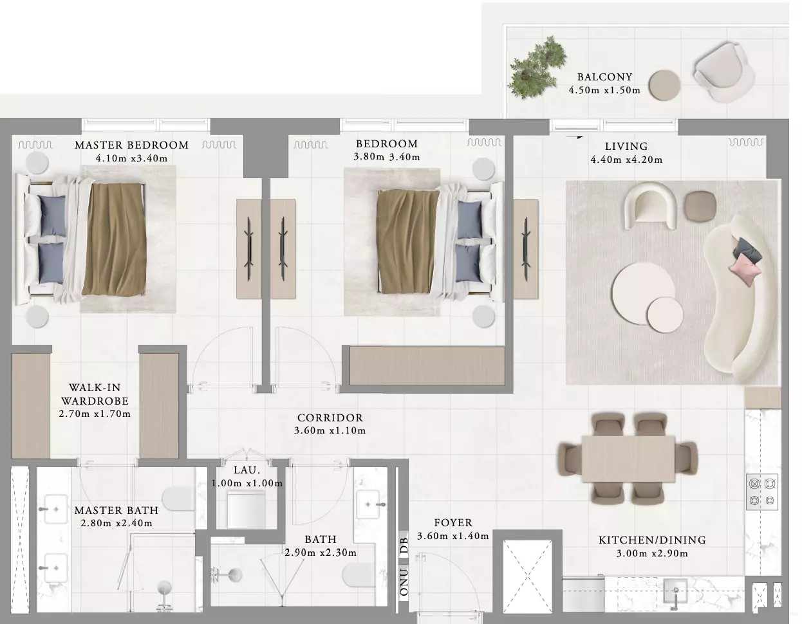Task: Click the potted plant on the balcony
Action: click(536, 68)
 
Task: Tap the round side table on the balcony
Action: click(664, 85)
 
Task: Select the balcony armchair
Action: click(723, 72)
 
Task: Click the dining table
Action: click(628, 459)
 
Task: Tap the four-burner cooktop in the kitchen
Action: click(761, 491)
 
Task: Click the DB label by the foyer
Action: click(404, 546)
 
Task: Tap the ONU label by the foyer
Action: click(404, 582)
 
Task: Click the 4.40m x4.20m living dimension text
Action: click(626, 160)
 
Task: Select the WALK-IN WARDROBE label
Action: click(95, 394)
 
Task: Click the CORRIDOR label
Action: click(330, 418)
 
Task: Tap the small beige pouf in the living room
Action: click(700, 206)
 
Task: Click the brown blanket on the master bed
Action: click(115, 239)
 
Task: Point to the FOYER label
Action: click(453, 523)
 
